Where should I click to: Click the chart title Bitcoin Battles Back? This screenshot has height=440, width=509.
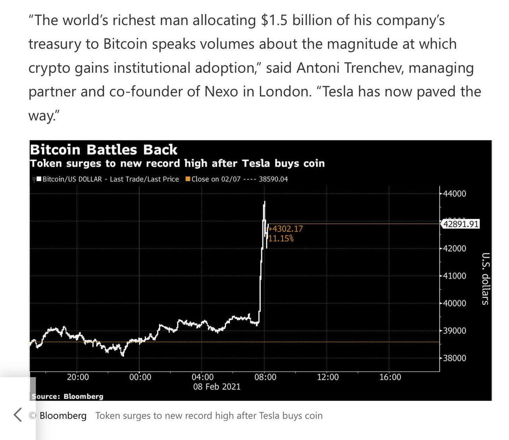pos(103,150)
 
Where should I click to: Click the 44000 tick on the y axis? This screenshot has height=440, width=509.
pos(455,194)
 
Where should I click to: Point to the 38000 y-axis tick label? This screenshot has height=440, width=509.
pos(455,358)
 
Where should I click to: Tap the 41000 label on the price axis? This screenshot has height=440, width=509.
pos(455,276)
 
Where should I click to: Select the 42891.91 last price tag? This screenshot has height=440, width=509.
pos(461,224)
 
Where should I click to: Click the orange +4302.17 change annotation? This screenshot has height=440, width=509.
pos(286,229)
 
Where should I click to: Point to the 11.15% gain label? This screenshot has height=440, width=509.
pos(281,238)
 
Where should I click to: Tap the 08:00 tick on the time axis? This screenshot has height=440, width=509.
pos(265,377)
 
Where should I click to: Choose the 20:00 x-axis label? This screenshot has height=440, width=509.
pos(78,377)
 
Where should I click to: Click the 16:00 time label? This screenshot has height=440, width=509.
pos(390,377)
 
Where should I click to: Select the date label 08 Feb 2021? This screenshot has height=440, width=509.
pos(217,387)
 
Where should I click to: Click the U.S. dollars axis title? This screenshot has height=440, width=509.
pos(486,279)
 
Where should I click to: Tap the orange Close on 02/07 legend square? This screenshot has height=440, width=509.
pos(188,179)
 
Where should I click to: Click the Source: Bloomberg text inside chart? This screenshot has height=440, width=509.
pos(68,396)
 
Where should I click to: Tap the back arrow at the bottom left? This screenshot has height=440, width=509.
pos(17,415)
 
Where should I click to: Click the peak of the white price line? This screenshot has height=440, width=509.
pos(264,202)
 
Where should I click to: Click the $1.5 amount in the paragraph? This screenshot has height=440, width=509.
pos(274,20)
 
